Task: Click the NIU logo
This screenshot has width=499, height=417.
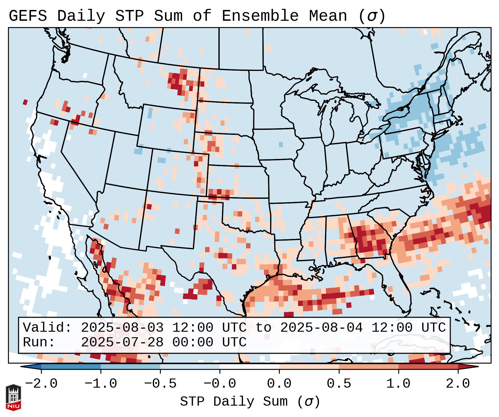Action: [13, 397]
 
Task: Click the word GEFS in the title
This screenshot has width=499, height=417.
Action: [28, 16]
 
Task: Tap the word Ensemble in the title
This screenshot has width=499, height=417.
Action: [260, 16]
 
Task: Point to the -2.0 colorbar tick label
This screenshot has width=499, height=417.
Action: [41, 384]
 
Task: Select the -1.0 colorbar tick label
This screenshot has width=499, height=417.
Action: [101, 384]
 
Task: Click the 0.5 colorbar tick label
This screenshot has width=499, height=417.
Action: [339, 384]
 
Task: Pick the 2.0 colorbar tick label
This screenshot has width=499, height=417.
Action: [458, 384]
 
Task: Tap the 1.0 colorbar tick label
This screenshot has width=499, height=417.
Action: [399, 384]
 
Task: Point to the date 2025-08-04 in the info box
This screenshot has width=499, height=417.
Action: [321, 328]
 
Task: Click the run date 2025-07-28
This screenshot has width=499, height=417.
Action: [122, 343]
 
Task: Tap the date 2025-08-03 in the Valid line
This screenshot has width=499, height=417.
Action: [122, 328]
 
